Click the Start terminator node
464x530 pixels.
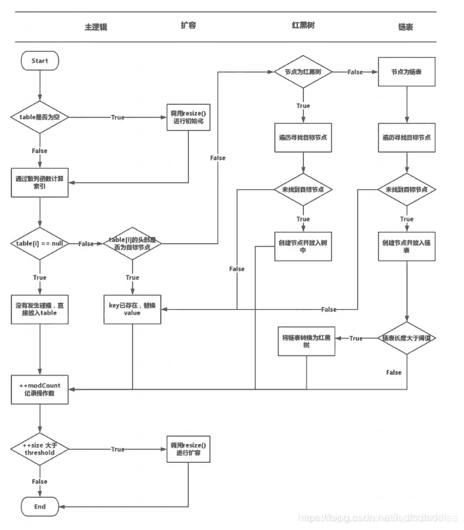click(x=40, y=61)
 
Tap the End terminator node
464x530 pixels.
click(x=40, y=506)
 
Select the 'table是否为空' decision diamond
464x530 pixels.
click(x=40, y=118)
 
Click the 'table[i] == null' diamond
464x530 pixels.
click(x=40, y=243)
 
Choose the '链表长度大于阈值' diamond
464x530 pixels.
click(x=407, y=338)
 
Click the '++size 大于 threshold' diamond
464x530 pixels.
click(x=40, y=449)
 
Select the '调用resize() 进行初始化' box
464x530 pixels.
click(x=188, y=118)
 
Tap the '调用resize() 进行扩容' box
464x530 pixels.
click(x=188, y=449)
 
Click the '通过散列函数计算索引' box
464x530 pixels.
click(x=40, y=182)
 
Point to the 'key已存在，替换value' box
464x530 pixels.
click(x=132, y=308)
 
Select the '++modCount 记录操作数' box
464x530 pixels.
click(x=40, y=389)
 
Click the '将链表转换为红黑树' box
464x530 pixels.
click(x=306, y=341)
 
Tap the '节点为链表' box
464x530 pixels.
click(x=406, y=72)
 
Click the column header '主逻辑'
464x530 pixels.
click(x=95, y=26)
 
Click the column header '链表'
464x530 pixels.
click(x=405, y=26)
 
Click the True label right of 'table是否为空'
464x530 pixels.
click(x=117, y=118)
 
